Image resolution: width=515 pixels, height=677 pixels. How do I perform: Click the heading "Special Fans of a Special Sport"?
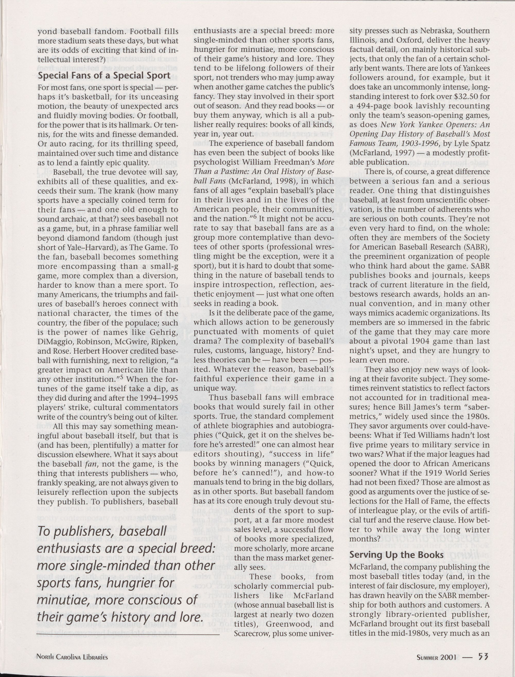(x=104, y=76)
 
